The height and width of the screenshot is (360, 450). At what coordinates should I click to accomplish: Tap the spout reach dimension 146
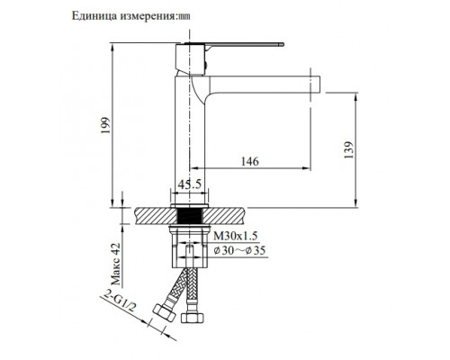coord(252,161)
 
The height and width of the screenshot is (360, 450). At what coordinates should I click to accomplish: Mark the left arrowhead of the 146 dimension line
coord(191,170)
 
